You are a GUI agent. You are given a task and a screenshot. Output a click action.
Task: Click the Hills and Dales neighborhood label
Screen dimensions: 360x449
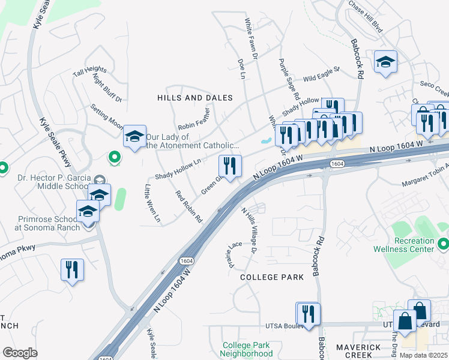pos(195,97)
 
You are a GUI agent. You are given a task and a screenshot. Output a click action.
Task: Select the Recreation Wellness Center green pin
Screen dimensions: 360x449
pos(444,244)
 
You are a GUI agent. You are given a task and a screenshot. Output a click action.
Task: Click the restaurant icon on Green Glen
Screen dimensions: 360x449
pos(230,164)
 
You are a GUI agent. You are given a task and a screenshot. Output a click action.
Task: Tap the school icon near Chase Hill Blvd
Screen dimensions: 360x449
pos(385,62)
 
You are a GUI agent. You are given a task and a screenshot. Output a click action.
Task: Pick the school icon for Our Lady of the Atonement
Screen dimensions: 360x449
pos(135,137)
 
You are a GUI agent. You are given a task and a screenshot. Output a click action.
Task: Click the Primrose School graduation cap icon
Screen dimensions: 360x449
pos(88,211)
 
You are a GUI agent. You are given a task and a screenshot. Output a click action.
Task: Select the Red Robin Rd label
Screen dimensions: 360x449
pos(188,207)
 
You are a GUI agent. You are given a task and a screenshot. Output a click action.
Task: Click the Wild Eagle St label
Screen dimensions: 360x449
pos(321,74)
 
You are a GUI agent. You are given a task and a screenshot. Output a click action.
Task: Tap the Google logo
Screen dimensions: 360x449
pos(20,353)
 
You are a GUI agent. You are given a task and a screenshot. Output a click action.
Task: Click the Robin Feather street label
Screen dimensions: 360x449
pos(194,118)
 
